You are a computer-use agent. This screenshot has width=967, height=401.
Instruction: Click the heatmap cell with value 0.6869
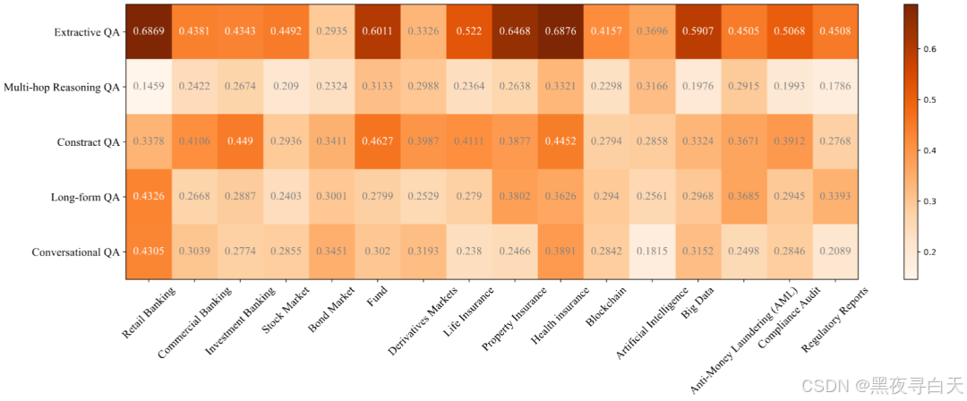pos(149,31)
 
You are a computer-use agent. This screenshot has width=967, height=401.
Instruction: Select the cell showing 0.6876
pos(561,31)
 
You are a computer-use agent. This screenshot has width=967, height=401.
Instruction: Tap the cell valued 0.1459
pos(149,87)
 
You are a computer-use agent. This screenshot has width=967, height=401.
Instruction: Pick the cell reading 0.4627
pos(377,141)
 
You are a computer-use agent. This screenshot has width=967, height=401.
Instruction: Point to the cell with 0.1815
pos(652,252)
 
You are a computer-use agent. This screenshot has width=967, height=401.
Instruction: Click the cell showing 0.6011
pos(377,31)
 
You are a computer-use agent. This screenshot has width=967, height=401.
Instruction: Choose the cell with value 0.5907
pos(697,31)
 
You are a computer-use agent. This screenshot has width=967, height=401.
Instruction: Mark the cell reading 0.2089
pos(834,252)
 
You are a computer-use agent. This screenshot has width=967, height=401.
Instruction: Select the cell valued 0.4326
pos(149,197)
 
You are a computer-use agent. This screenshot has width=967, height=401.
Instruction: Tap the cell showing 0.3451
pos(331,252)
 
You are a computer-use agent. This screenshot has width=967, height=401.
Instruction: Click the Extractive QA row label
pos(86,32)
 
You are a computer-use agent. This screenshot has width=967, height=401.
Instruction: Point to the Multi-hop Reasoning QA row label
pos(61,88)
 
